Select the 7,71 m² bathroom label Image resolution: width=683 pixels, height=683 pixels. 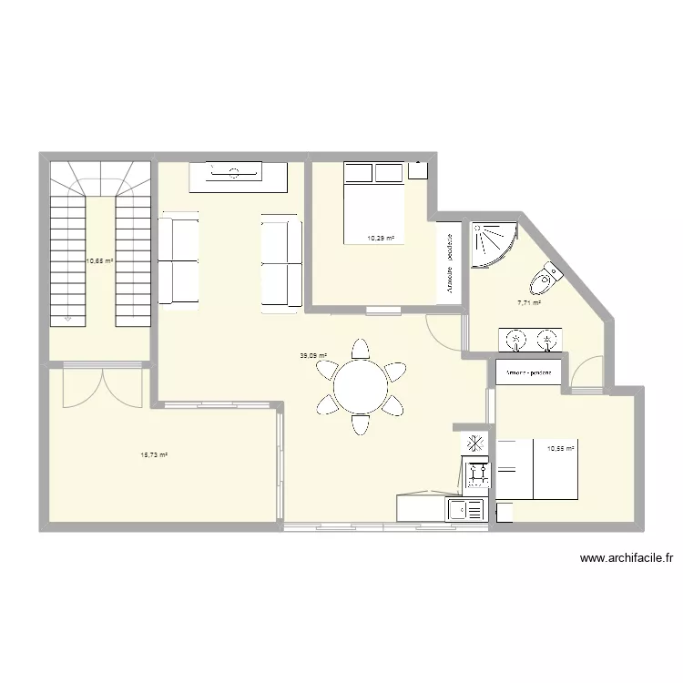click(x=529, y=303)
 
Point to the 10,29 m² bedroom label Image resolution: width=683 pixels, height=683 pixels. click(x=380, y=239)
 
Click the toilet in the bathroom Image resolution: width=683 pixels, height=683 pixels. click(x=549, y=274)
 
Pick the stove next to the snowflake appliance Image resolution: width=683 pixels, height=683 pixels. click(x=476, y=472)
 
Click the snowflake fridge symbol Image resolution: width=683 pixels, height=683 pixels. click(x=474, y=444)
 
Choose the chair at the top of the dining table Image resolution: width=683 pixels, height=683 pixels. click(x=361, y=349)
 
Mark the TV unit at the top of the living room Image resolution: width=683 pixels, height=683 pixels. click(x=239, y=176)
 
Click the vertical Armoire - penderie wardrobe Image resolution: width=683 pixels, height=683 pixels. click(x=449, y=261)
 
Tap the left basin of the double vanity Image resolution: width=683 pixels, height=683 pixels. click(x=517, y=341)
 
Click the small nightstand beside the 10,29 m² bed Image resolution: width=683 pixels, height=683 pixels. click(x=418, y=169)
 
